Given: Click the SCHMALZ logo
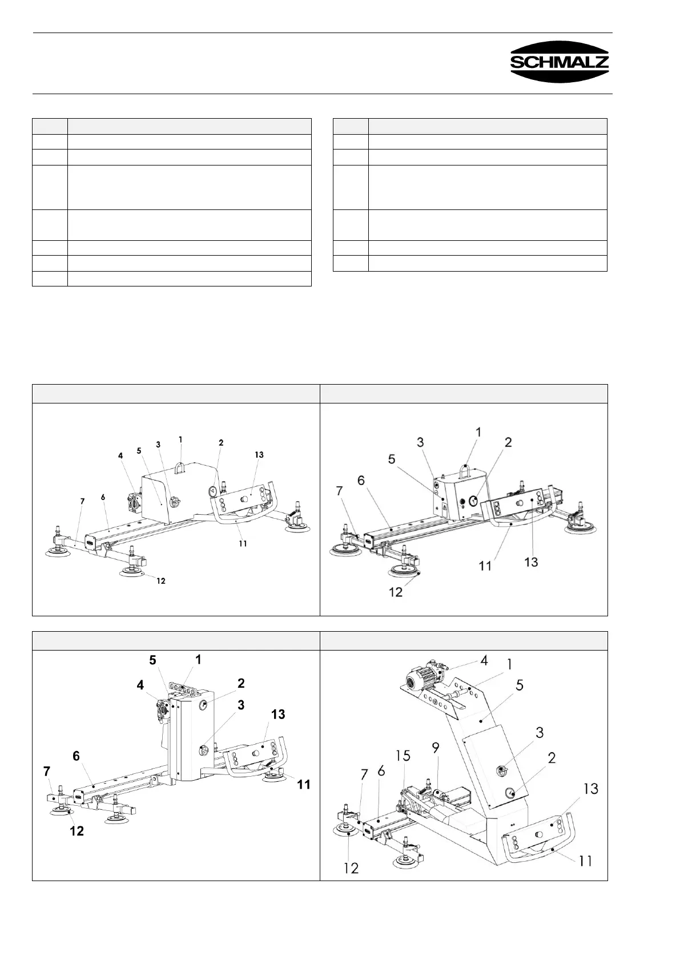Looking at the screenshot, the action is click(560, 62).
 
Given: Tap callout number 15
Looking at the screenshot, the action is click(403, 756).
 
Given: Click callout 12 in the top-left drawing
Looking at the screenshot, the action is click(161, 581).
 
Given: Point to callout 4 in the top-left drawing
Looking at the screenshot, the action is click(120, 456).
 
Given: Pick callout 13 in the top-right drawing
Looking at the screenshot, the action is click(531, 562).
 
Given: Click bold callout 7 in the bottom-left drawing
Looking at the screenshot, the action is click(47, 772).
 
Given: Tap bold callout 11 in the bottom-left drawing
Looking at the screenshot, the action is click(304, 785).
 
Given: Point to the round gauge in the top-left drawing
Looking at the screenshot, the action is click(212, 490).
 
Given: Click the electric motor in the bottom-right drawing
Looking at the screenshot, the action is click(420, 679).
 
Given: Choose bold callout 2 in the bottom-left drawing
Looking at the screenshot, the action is click(242, 683).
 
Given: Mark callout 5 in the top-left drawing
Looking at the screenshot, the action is click(139, 450).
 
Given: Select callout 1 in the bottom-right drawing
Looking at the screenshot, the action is click(509, 664).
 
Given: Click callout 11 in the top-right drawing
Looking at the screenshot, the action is click(485, 566).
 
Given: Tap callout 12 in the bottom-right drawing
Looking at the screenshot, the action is click(351, 868).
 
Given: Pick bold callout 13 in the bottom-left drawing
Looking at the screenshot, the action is click(278, 714).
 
